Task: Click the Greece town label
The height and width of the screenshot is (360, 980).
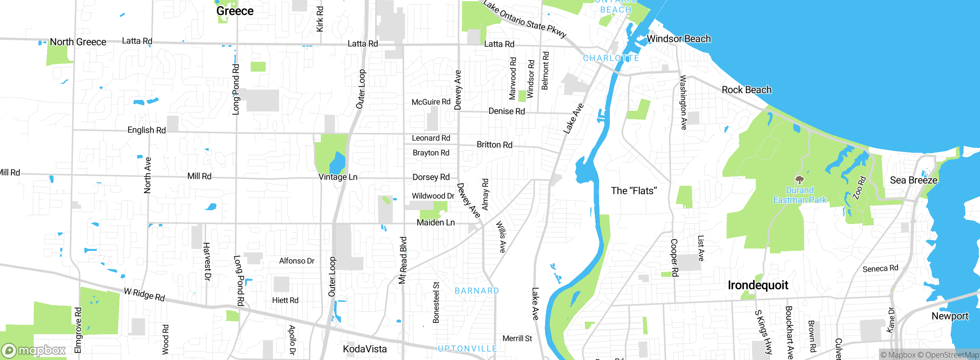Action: coord(235,11)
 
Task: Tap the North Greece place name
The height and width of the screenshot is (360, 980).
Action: coord(78,42)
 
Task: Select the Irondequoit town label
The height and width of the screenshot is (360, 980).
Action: coord(758,285)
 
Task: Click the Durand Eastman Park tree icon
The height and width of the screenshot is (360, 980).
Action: coord(799,180)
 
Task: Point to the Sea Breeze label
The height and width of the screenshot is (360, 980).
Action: coord(913,180)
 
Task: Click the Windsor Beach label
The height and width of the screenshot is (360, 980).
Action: coord(678,39)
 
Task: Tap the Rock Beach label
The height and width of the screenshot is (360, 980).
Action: coord(746,90)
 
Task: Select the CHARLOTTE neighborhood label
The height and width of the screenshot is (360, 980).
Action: coord(611,58)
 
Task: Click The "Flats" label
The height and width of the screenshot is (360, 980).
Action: coord(634,191)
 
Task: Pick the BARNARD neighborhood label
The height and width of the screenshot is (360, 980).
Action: coord(477,291)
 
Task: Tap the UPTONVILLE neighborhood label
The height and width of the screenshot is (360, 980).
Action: coord(467,349)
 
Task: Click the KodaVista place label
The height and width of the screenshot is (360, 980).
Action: coord(364,349)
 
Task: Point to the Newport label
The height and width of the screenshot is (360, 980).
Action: coord(950,316)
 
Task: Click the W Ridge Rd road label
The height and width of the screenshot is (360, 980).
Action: coord(144,295)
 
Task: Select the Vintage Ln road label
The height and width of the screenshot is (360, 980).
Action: coord(338,177)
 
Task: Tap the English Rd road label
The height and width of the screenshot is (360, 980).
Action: coord(146,130)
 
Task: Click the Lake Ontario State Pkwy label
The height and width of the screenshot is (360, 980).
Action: coord(524,19)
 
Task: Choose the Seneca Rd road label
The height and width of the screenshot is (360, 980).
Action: coord(880,268)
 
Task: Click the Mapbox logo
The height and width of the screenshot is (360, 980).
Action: coord(34,350)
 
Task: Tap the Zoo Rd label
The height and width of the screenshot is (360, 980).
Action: coord(859,188)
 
